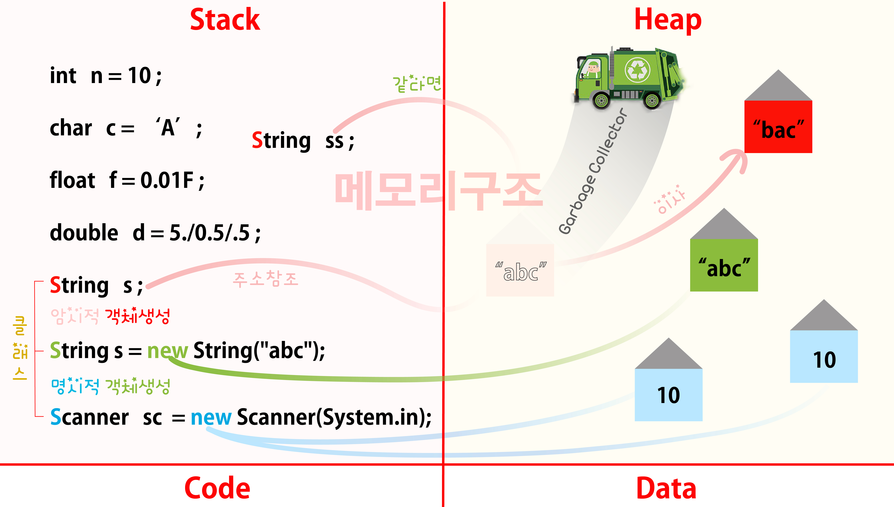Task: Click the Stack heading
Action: [x=225, y=20]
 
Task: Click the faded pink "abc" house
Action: [x=520, y=270]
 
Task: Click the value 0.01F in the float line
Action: [x=167, y=180]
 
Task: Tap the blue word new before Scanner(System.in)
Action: [x=211, y=417]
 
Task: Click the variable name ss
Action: [x=335, y=141]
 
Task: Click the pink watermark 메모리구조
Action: [x=438, y=192]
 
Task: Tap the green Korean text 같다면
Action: [x=416, y=84]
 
